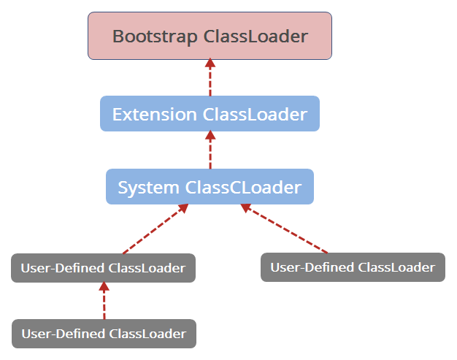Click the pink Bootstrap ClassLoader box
coord(210,36)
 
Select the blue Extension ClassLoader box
coord(210,114)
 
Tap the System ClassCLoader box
coord(210,186)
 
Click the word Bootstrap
coord(155,37)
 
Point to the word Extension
coord(155,114)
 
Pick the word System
coord(148,188)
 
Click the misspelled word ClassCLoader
coord(243,187)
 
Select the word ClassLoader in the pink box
coord(256,36)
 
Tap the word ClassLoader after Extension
coord(255,114)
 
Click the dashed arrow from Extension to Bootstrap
coord(210,77)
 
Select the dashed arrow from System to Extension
coord(210,150)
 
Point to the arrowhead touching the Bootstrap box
coord(210,64)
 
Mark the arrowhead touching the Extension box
coord(210,135)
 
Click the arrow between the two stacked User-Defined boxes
coord(104,301)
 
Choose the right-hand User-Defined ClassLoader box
coord(353,267)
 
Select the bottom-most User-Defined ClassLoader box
coord(104,334)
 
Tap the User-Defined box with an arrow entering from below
coord(104,268)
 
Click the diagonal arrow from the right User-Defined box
coord(284,229)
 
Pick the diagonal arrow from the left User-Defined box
coord(155,229)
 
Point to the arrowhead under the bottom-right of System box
coord(245,207)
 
